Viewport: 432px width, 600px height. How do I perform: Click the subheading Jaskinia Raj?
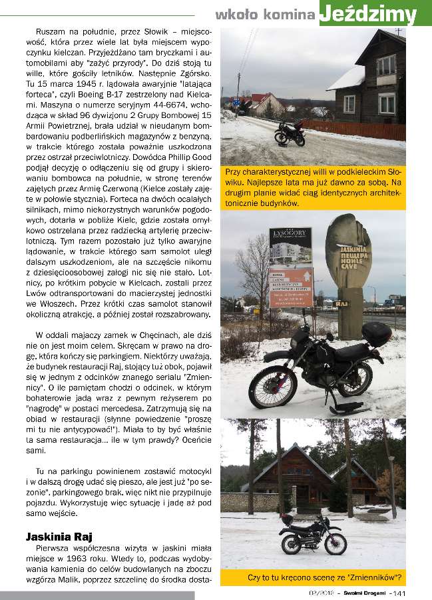coord(59,535)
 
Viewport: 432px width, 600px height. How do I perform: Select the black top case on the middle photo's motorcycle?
coord(376,334)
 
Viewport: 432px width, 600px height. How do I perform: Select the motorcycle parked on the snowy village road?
coord(291,133)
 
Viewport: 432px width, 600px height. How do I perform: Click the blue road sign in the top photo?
coord(236,103)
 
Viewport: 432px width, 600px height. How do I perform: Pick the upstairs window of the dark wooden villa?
coord(385,65)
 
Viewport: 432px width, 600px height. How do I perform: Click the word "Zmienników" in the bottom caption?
coord(372,577)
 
